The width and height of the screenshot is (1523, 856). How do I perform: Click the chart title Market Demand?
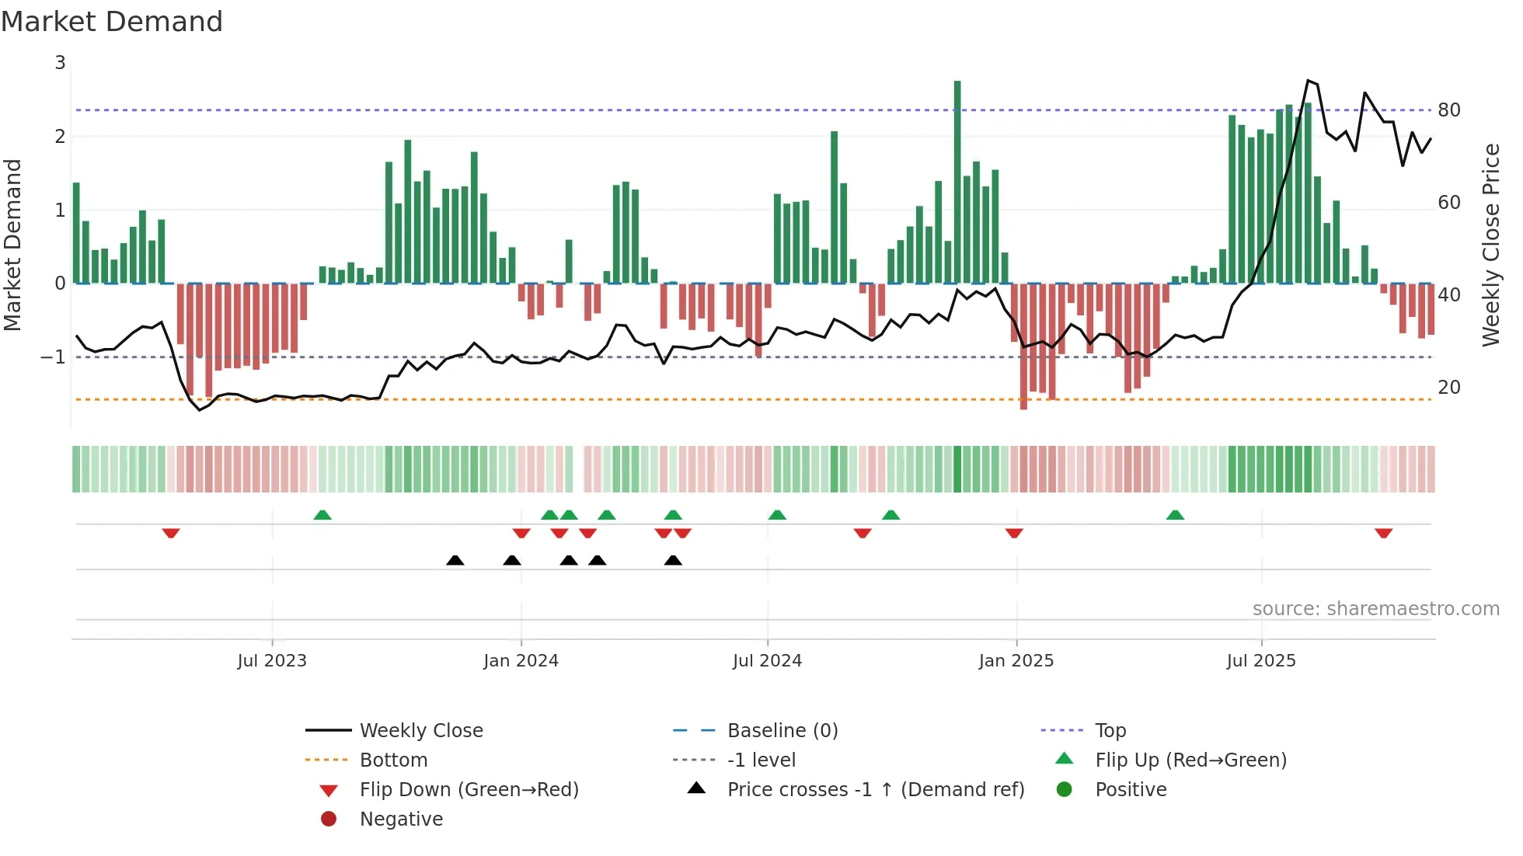(x=112, y=22)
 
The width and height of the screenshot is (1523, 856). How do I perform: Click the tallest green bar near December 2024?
(x=957, y=183)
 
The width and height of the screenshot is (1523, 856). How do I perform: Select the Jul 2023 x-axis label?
(x=272, y=661)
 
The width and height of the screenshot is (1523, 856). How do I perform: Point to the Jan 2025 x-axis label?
(x=1016, y=661)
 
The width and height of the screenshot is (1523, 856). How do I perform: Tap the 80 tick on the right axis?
(x=1448, y=110)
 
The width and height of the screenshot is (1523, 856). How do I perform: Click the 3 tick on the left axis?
(x=60, y=63)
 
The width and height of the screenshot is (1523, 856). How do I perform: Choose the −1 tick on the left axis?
(x=53, y=357)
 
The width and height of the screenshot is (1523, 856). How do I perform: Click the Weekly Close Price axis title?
(x=1490, y=245)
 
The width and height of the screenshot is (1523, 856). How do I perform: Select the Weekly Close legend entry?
(x=420, y=731)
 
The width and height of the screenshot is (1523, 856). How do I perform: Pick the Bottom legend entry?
(x=393, y=760)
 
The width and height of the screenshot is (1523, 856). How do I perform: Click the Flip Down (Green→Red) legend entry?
(x=469, y=790)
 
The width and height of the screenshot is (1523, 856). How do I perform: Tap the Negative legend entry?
(x=401, y=819)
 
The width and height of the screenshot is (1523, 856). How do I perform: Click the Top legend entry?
(x=1110, y=731)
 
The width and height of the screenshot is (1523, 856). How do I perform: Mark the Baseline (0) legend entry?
(x=782, y=731)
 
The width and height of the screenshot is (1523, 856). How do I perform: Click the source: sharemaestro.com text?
(x=1375, y=609)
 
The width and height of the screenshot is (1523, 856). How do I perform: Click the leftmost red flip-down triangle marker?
(x=171, y=533)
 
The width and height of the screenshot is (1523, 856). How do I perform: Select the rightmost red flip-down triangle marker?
(x=1383, y=533)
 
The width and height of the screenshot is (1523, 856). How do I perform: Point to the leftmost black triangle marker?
(x=455, y=560)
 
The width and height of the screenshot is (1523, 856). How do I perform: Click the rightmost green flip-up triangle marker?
(x=1175, y=515)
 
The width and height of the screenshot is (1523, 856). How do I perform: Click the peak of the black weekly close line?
(x=1309, y=80)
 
